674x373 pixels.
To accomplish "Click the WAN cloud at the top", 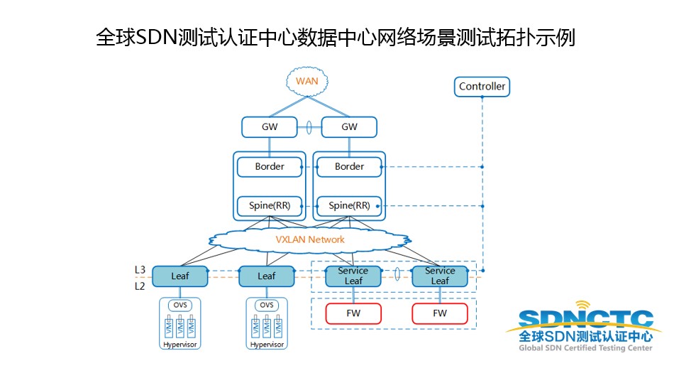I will [306, 81].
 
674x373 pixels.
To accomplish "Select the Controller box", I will [482, 87].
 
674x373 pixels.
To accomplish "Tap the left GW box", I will [270, 127].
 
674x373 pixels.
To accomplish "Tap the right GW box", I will [349, 127].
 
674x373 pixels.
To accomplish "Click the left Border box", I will [270, 167].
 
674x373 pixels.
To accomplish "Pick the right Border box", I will [349, 167].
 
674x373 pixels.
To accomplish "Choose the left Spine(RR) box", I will [270, 206].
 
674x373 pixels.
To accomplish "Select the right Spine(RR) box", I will [349, 206].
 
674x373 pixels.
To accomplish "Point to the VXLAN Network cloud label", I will [310, 239].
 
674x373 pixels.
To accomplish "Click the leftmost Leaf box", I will [180, 276].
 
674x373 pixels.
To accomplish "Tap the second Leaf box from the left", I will [267, 276].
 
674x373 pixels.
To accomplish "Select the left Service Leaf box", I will [353, 276].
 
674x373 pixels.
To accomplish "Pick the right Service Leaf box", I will [440, 276].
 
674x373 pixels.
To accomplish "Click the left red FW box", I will [353, 313].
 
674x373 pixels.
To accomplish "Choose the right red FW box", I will [440, 313].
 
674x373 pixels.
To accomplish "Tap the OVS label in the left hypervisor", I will [180, 306].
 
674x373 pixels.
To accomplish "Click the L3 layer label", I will [140, 270].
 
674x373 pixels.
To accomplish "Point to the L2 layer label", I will [140, 286].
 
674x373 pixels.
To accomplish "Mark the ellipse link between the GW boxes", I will [309, 128].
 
